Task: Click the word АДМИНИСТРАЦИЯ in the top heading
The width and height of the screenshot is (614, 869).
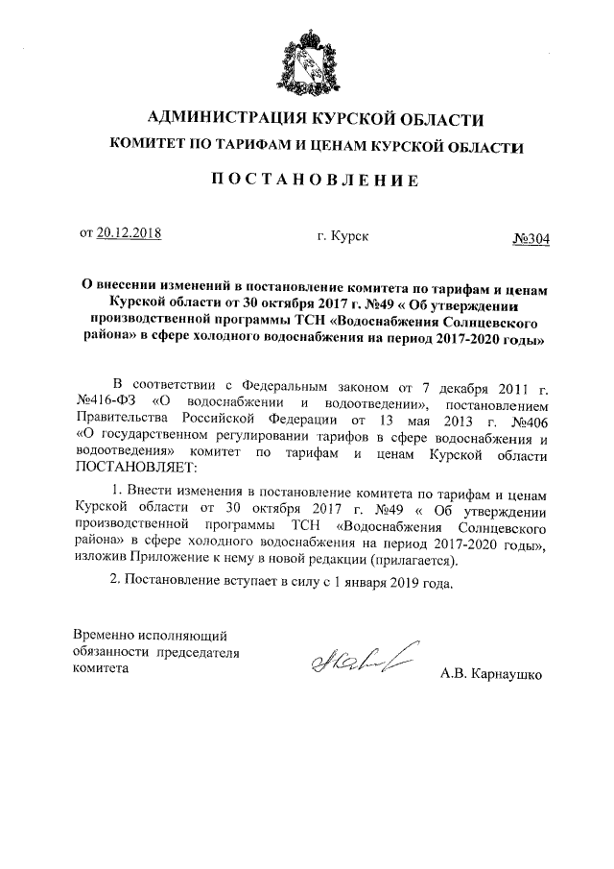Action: click(x=219, y=120)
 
